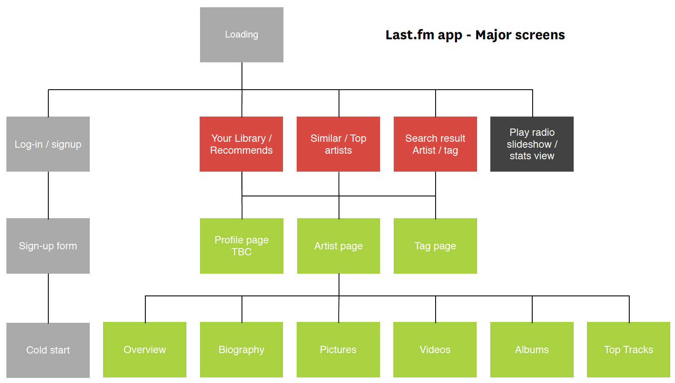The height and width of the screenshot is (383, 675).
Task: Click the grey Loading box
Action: tap(242, 35)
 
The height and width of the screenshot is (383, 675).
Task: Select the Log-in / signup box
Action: tap(48, 144)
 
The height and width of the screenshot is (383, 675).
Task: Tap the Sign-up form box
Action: tap(48, 246)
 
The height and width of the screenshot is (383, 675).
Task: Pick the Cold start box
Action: tap(48, 350)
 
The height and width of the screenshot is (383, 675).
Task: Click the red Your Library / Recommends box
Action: tap(241, 144)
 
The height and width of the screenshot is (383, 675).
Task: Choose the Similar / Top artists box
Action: tap(338, 144)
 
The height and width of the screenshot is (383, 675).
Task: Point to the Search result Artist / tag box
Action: tap(435, 144)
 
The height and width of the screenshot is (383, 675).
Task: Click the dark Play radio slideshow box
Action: tap(532, 144)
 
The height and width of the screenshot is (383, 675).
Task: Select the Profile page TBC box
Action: tap(242, 246)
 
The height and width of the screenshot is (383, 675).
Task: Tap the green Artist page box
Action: tap(338, 246)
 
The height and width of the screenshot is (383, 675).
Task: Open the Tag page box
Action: tap(435, 246)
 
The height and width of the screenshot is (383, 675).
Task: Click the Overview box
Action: tap(144, 350)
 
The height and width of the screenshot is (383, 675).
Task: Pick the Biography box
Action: tap(241, 350)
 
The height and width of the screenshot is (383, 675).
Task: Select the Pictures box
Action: tap(338, 350)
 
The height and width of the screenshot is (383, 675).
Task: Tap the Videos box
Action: tap(435, 350)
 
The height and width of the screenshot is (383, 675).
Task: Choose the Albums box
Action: tap(532, 350)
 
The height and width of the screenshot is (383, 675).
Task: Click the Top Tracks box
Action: tap(628, 350)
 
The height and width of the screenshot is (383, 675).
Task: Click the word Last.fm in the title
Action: tap(410, 35)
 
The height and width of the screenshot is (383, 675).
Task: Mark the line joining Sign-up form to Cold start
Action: tap(48, 298)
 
